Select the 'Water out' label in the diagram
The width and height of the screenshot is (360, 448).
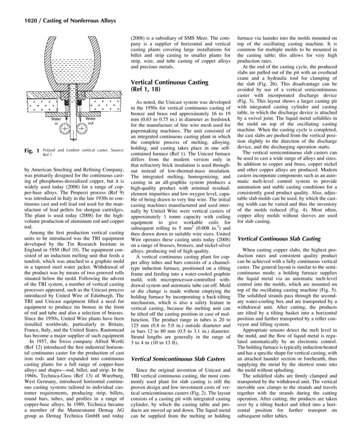pos(90,122)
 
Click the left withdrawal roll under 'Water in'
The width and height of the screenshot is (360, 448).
pos(67,133)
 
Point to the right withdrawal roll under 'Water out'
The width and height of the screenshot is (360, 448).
pos(82,133)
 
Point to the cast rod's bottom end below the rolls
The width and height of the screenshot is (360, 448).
pos(74,143)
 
